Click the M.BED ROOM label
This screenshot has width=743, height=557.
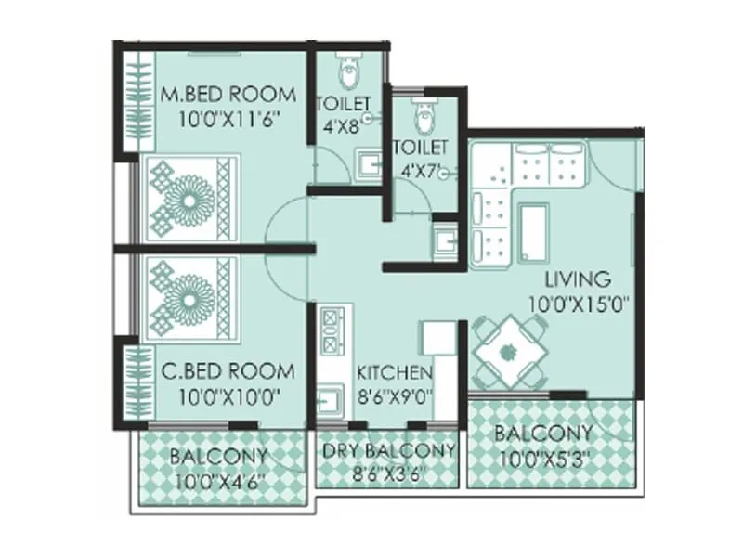[x=228, y=94]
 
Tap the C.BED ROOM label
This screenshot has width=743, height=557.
[x=228, y=371]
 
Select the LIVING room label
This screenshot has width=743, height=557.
[x=577, y=278]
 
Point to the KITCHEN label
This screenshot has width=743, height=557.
[x=395, y=373]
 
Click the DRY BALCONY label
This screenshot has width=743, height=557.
[x=388, y=450]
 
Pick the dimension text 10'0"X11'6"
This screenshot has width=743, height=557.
[x=228, y=119]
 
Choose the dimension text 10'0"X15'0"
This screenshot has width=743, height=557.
[x=576, y=302]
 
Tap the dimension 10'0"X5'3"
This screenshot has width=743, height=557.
[x=542, y=458]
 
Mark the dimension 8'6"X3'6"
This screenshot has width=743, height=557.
[x=388, y=473]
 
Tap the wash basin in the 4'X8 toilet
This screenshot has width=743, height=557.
[x=369, y=166]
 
